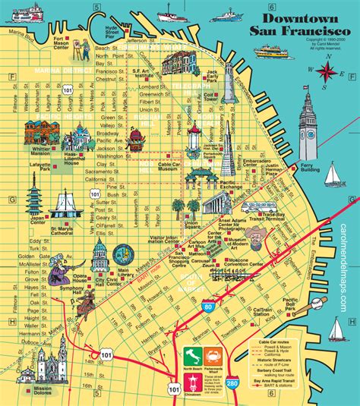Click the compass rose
327,72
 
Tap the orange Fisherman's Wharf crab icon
213,356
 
